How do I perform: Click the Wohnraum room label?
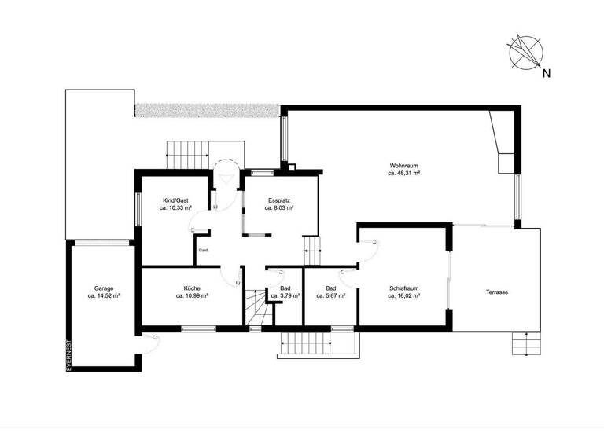[x=403, y=165]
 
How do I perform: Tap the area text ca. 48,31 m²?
[x=403, y=174]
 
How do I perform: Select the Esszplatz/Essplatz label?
[x=278, y=200]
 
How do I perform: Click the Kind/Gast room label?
[x=175, y=200]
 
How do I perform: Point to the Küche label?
[x=192, y=288]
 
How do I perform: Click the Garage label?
[x=104, y=288]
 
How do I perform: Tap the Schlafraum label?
[x=403, y=288]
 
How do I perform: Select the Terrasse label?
[x=496, y=292]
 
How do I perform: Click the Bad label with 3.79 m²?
[x=284, y=288]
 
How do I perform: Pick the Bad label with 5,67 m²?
[x=330, y=288]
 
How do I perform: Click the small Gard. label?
[x=203, y=251]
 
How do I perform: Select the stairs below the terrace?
[x=526, y=343]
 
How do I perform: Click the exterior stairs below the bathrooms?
[x=315, y=343]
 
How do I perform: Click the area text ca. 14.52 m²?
[x=104, y=297]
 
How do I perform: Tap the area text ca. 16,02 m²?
[x=403, y=297]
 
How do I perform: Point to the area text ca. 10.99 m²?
[x=192, y=297]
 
